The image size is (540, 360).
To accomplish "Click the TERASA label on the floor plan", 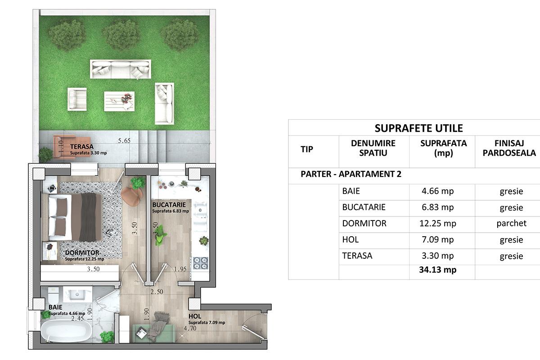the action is coord(82,146).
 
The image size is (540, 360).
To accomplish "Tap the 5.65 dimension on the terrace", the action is coord(124,140).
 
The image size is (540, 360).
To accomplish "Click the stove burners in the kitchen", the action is coord(201,263).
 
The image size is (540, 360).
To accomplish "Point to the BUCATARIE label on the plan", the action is coord(169,205).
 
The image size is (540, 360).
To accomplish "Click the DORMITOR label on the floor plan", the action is coord(82,253).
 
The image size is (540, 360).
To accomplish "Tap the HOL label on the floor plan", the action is coord(194,316).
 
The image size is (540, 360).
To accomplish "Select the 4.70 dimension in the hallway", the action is coord(190,328).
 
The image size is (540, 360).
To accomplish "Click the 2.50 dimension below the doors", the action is coord(157,292).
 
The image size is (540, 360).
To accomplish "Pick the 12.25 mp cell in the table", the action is coord(437,224).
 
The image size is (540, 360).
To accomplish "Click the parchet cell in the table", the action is coord(511,224).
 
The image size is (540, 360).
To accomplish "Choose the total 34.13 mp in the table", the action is coord(437,270).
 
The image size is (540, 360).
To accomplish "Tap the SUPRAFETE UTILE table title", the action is coord(419,128).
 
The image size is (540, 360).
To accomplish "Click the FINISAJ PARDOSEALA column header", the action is coord(509,148).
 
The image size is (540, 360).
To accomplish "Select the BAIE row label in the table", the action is coord(351,191).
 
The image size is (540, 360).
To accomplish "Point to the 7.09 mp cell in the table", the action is coord(437,240).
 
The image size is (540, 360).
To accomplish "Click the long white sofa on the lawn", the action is coord(121,69).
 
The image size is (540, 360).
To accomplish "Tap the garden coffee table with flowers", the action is coord(119,101).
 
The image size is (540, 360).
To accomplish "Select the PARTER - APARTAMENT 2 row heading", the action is coord(351,174).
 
